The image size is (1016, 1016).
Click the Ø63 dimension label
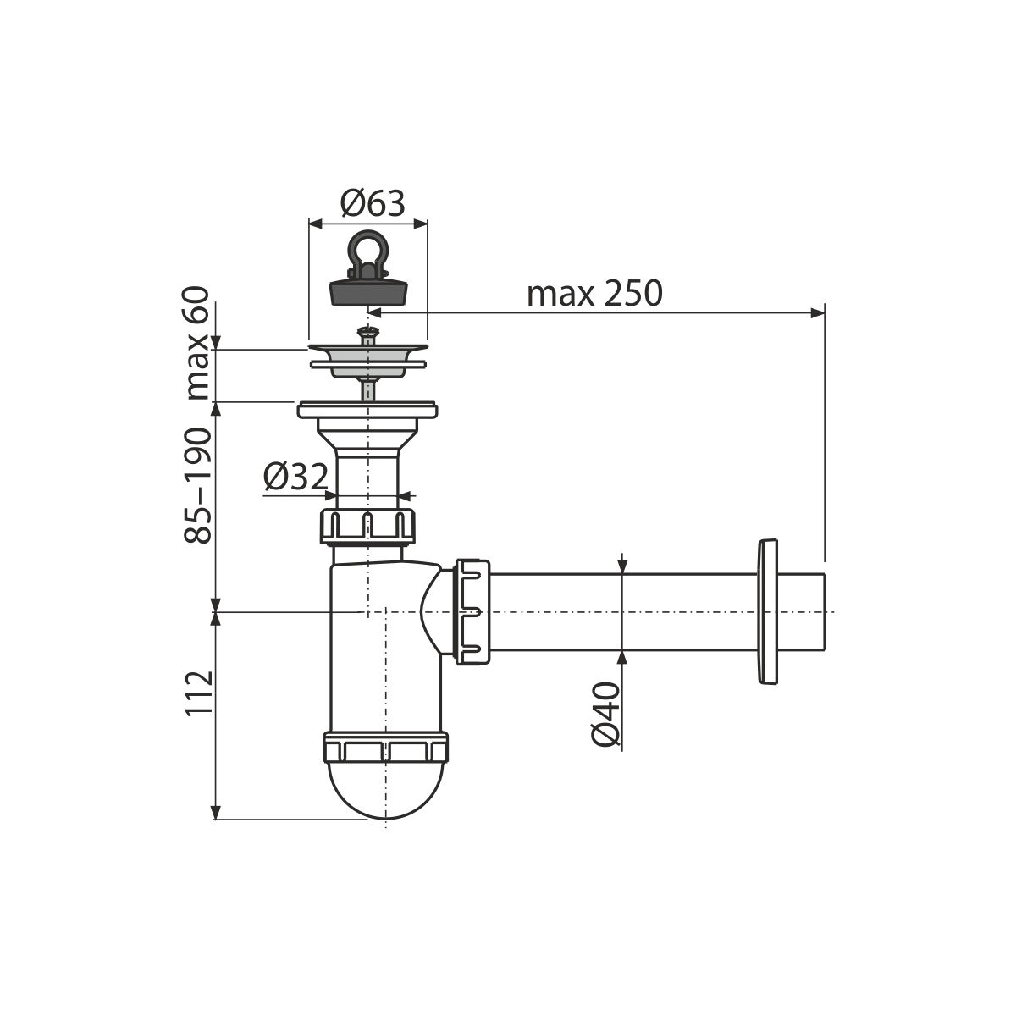tap(373, 203)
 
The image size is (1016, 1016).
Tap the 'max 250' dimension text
tap(594, 294)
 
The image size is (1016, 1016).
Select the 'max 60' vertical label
tap(198, 343)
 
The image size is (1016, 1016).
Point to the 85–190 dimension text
tap(198, 485)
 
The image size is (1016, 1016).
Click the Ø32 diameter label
tap(295, 478)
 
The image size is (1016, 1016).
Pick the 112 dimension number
tap(199, 693)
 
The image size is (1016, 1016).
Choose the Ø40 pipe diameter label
tap(605, 715)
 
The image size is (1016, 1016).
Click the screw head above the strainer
tap(367, 332)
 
